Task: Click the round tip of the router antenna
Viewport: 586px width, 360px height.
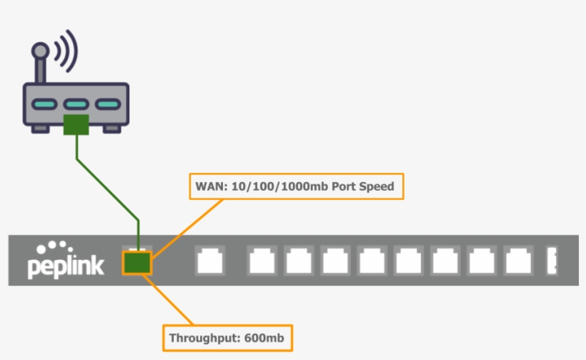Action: pyautogui.click(x=41, y=51)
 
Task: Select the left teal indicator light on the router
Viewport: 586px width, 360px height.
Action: pyautogui.click(x=44, y=105)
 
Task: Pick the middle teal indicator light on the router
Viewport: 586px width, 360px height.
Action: pyautogui.click(x=76, y=105)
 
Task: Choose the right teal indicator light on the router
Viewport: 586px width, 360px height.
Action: pyautogui.click(x=107, y=105)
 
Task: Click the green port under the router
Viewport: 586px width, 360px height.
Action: pyautogui.click(x=76, y=124)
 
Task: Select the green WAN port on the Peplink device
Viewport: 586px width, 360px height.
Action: pyautogui.click(x=137, y=262)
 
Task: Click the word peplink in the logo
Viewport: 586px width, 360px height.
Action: pyautogui.click(x=66, y=266)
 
